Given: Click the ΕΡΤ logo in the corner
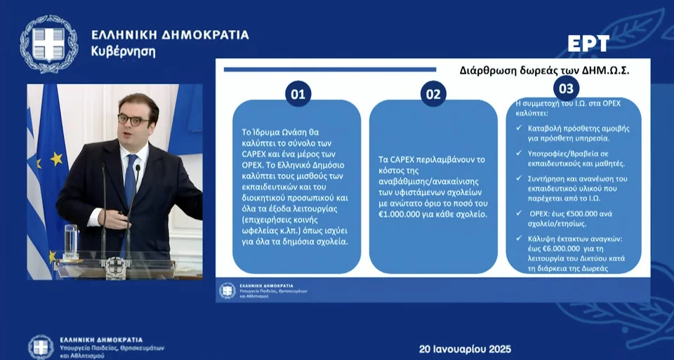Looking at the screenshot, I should [x=588, y=44].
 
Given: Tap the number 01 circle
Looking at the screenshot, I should [x=298, y=94].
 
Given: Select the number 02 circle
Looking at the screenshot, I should [x=434, y=94].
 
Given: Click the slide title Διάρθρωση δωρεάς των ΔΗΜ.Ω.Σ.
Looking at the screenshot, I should [x=544, y=70].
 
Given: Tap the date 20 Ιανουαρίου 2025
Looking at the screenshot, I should [x=465, y=349].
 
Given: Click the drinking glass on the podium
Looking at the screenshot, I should [x=70, y=239].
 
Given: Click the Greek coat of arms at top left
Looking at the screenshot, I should [x=48, y=44].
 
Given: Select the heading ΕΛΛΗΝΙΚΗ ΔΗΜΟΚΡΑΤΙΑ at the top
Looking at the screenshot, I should [x=170, y=35].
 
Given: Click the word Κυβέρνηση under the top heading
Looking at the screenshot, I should [x=123, y=52].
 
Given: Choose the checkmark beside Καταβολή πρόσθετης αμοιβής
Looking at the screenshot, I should [x=519, y=128].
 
